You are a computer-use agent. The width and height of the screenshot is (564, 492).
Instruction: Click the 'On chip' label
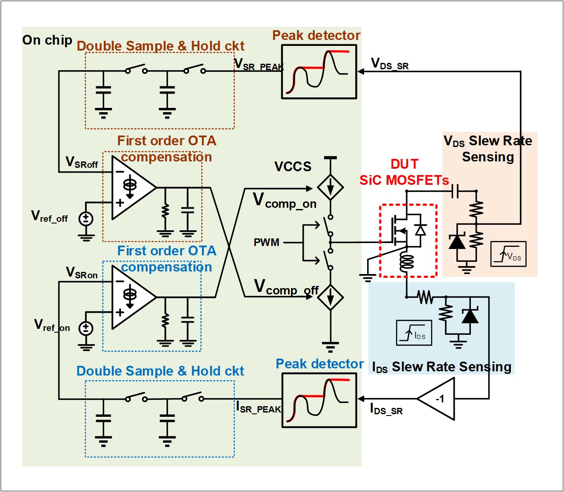(x=47, y=40)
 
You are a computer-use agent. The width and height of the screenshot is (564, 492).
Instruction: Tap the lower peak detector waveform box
(x=319, y=400)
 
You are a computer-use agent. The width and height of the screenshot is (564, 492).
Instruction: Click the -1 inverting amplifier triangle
(x=438, y=399)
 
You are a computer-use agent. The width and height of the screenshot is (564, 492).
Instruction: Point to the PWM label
(x=266, y=243)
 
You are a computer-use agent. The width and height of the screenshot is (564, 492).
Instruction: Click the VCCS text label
(x=293, y=167)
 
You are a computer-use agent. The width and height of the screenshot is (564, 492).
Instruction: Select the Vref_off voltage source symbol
(x=86, y=219)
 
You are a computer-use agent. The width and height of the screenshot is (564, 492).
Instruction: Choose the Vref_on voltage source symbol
(x=86, y=328)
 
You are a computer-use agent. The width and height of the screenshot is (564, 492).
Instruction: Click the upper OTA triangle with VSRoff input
(x=132, y=187)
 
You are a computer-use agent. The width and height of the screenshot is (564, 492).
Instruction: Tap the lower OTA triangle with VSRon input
(x=132, y=297)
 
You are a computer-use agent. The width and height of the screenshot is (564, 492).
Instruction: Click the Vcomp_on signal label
(x=285, y=201)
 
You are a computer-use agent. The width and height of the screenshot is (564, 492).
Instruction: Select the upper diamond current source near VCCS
(x=330, y=187)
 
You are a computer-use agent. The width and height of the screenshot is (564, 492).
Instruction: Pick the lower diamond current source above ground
(x=330, y=297)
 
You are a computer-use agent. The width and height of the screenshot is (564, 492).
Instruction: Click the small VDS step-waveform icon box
(x=508, y=254)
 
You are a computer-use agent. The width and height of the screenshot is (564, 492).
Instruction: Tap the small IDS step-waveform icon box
(x=414, y=332)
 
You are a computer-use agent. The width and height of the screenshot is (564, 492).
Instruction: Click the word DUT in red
(x=404, y=164)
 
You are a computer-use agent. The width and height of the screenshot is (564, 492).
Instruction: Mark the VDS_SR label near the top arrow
(x=390, y=64)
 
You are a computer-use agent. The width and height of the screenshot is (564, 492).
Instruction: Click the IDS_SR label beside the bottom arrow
(x=386, y=410)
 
